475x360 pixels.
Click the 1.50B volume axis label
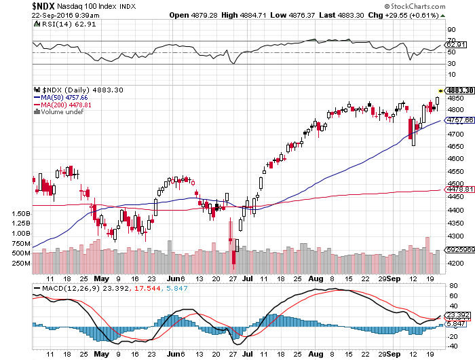click(x=21, y=213)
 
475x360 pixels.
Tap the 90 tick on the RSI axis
click(x=451, y=31)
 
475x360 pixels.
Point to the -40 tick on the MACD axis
click(x=452, y=345)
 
